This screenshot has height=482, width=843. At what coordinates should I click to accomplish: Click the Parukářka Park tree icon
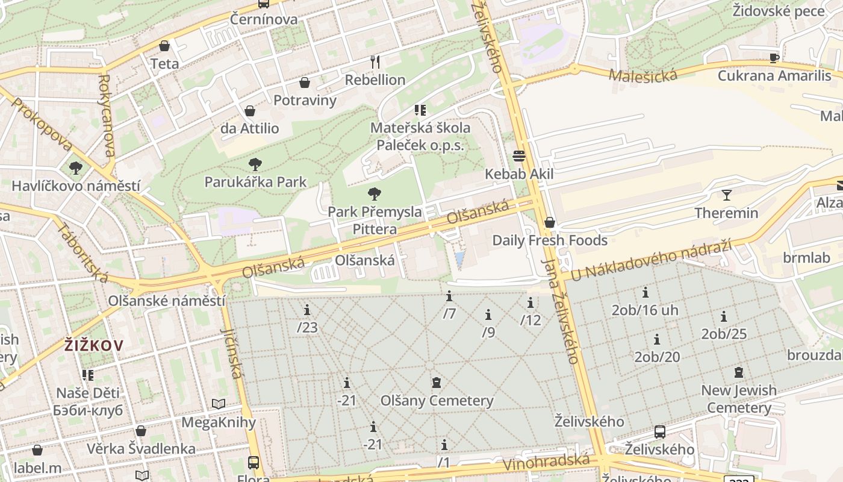(255, 164)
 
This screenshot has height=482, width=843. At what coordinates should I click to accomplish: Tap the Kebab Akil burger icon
(519, 156)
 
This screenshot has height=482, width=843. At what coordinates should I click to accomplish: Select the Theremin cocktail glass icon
(726, 195)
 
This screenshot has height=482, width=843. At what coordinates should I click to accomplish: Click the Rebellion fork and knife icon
(375, 61)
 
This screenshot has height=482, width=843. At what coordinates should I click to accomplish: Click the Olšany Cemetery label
(437, 401)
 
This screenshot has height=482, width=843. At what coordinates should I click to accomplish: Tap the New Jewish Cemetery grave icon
(739, 372)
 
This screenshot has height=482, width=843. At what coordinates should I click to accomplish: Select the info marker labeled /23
(307, 310)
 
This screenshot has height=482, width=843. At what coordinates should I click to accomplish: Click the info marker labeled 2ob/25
(724, 316)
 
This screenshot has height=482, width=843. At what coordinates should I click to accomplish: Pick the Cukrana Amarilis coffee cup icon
(774, 58)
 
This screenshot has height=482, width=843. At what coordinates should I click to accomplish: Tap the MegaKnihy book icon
(219, 404)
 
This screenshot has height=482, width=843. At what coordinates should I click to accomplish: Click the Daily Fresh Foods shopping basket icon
(549, 223)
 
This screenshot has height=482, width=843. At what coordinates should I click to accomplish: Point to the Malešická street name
(642, 75)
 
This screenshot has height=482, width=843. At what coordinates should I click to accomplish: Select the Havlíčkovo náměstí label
(76, 186)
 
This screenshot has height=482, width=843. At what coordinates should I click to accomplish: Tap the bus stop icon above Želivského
(660, 432)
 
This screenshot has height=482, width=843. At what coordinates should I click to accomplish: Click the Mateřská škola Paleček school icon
(420, 110)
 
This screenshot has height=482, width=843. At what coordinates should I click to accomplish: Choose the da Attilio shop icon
(249, 111)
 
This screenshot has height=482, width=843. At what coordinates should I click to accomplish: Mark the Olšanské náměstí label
(167, 301)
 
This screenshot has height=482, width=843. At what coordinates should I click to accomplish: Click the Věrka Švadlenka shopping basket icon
(141, 431)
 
